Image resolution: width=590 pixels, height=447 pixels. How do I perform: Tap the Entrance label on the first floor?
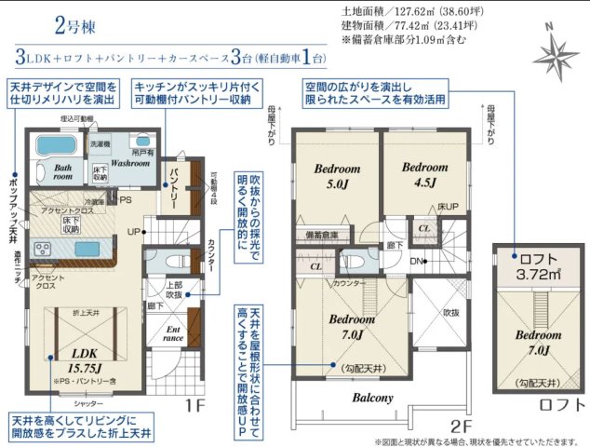(x=174, y=332)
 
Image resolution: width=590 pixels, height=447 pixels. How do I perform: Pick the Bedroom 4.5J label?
(x=421, y=174)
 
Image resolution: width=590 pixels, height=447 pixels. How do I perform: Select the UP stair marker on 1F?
(x=134, y=231)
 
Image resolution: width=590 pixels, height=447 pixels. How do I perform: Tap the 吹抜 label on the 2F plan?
(x=451, y=313)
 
